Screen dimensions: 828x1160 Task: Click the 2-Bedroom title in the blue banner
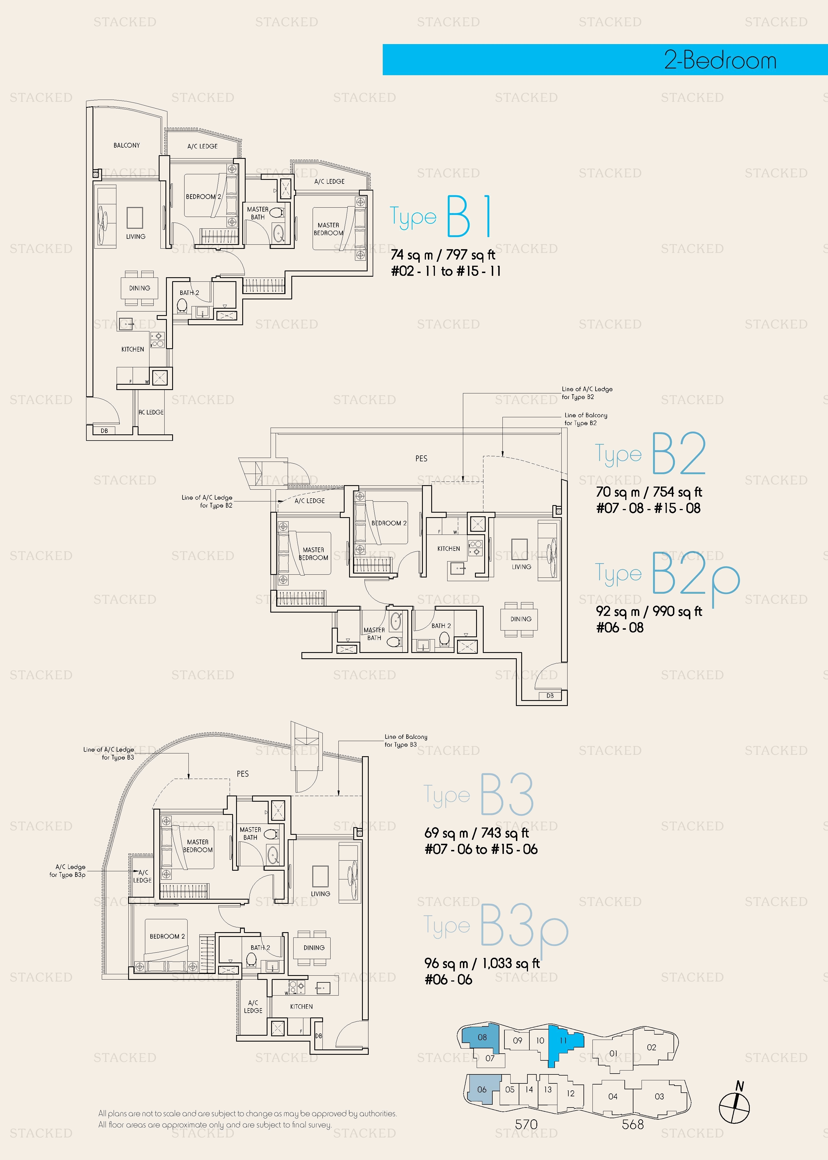click(x=720, y=60)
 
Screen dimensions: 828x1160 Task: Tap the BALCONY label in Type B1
click(x=126, y=145)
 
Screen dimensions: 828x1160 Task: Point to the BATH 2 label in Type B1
click(x=189, y=293)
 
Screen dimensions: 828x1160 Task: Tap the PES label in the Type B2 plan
click(x=421, y=459)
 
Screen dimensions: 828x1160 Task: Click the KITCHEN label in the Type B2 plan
click(x=449, y=549)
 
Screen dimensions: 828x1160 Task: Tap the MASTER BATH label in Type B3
click(x=250, y=834)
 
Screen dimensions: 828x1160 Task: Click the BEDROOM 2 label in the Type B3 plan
click(x=167, y=937)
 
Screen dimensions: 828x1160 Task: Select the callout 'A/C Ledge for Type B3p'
click(x=67, y=871)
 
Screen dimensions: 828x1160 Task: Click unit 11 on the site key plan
click(x=563, y=1041)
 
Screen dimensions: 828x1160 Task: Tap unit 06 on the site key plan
click(x=482, y=1090)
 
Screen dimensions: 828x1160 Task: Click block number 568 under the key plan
click(x=633, y=1124)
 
